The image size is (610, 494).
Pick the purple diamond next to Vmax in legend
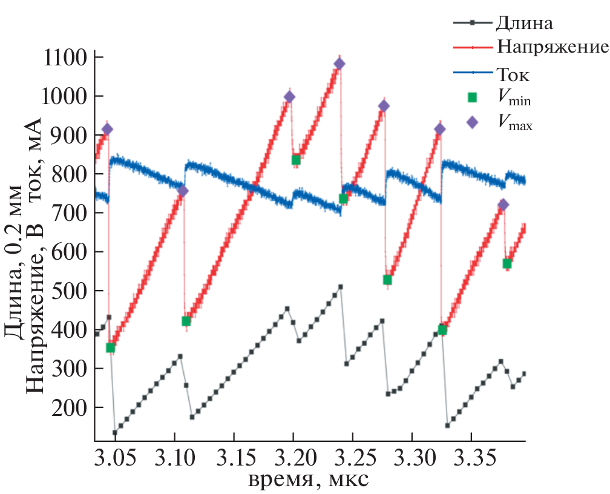472,122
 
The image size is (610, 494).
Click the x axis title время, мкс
309,480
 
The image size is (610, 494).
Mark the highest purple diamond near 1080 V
339,64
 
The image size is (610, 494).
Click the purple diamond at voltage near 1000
289,97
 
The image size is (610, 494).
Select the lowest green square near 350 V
110,347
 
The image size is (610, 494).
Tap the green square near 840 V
296,160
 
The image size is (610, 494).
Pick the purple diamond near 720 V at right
503,205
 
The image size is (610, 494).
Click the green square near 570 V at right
507,263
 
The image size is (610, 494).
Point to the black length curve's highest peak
341,286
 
